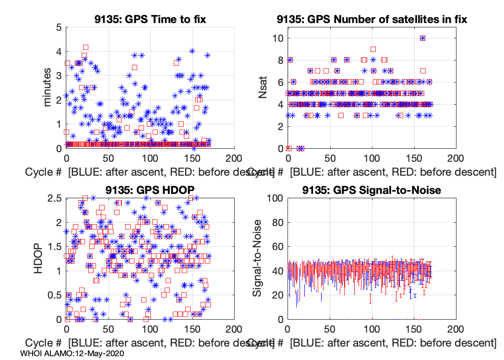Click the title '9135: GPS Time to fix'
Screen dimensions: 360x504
(150, 19)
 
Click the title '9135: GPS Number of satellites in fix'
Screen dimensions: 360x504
(372, 19)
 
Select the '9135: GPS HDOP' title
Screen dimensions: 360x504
(150, 190)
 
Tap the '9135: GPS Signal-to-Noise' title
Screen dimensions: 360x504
(372, 190)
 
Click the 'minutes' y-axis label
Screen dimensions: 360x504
(48, 87)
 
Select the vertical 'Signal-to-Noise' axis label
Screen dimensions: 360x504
(257, 258)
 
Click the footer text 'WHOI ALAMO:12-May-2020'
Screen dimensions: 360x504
(72, 353)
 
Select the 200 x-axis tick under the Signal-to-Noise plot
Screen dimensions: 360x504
(455, 329)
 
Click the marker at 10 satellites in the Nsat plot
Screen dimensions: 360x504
(422, 38)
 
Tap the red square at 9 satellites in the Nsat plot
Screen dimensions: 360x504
(372, 49)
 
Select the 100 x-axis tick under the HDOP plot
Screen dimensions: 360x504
(150, 329)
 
